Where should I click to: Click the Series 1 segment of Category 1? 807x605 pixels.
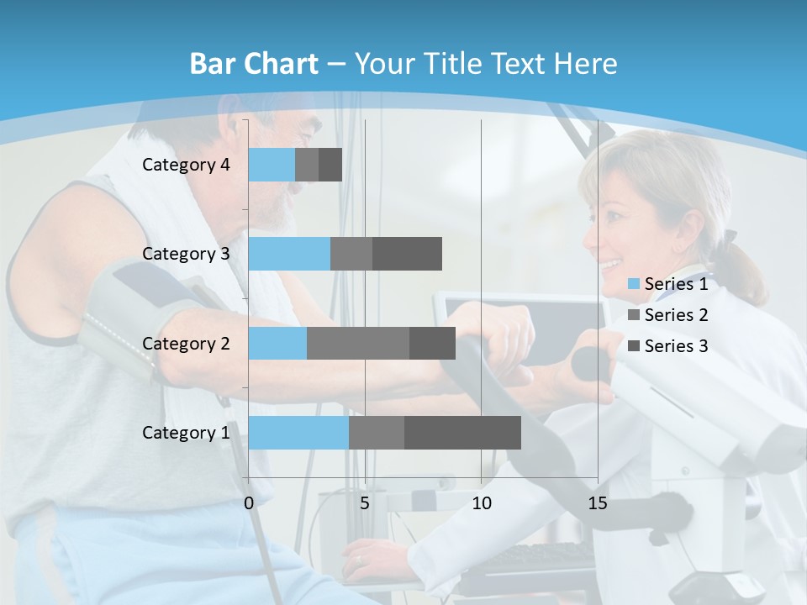[x=298, y=433]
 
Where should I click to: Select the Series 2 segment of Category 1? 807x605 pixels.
[x=377, y=433]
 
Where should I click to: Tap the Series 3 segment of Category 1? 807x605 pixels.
[x=462, y=433]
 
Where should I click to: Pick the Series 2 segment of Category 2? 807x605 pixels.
[x=358, y=343]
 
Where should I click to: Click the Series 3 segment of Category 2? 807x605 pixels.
[x=432, y=343]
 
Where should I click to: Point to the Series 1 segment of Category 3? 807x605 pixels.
[x=289, y=254]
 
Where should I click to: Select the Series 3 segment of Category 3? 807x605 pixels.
[x=407, y=254]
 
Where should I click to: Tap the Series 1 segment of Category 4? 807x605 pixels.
[x=272, y=165]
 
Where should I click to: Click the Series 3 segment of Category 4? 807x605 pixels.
[x=330, y=165]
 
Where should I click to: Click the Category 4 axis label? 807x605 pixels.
[x=186, y=165]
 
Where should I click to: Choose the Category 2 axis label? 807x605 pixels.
[x=186, y=343]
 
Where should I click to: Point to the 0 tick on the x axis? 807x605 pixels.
[x=249, y=503]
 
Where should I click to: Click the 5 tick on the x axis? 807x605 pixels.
[x=365, y=503]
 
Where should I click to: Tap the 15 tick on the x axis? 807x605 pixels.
[x=598, y=503]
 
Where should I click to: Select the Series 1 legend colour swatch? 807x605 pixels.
[x=634, y=284]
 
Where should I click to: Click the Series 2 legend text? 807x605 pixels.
[x=676, y=315]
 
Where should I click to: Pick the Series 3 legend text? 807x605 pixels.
[x=676, y=346]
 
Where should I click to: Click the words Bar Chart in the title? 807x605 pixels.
[x=254, y=64]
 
